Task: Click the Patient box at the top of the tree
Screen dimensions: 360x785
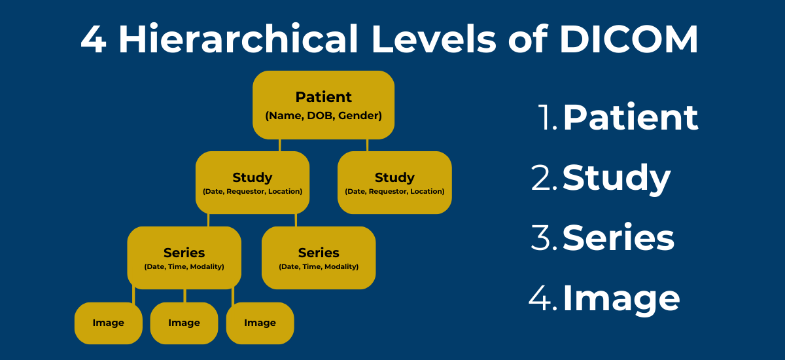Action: pyautogui.click(x=323, y=105)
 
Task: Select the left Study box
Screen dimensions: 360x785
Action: pyautogui.click(x=253, y=183)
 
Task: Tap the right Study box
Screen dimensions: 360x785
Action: pyautogui.click(x=394, y=183)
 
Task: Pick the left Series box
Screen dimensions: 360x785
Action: pyautogui.click(x=184, y=258)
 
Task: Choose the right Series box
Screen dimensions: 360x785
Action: pyautogui.click(x=319, y=258)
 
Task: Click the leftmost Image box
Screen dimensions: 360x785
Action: pyautogui.click(x=108, y=323)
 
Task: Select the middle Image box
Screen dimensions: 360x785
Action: pyautogui.click(x=184, y=323)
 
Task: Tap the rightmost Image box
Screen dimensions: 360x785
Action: pyautogui.click(x=260, y=323)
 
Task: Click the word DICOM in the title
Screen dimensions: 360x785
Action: pyautogui.click(x=629, y=41)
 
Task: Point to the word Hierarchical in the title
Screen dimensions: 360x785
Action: pyautogui.click(x=238, y=41)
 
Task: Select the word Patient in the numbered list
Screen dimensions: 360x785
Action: pyautogui.click(x=631, y=118)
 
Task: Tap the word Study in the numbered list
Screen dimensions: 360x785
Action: pyautogui.click(x=616, y=178)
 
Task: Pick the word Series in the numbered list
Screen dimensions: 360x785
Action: pyautogui.click(x=618, y=238)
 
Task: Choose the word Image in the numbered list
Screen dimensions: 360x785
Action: pyautogui.click(x=621, y=298)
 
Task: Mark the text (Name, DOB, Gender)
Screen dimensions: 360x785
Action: pyautogui.click(x=323, y=116)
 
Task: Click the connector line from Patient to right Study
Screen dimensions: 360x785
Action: pyautogui.click(x=367, y=145)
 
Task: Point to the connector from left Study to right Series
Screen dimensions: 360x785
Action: pyautogui.click(x=296, y=221)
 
